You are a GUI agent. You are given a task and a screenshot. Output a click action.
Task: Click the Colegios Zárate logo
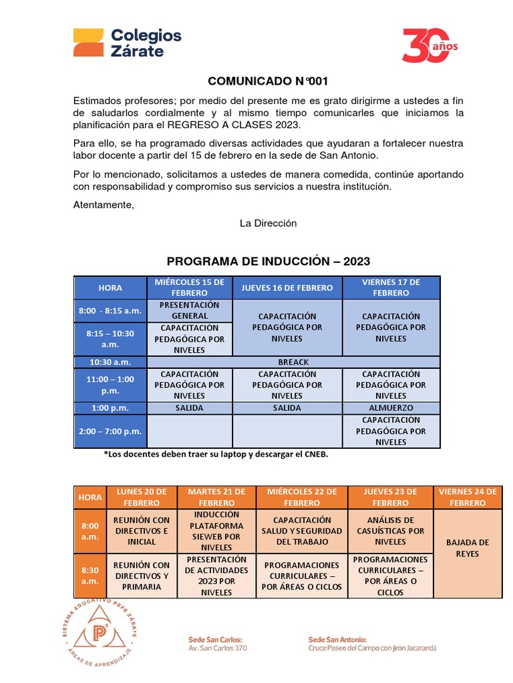[x=127, y=43]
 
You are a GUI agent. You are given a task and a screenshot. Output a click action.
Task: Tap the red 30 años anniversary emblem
[x=430, y=45]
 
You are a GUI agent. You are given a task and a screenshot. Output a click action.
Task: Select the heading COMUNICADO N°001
[x=268, y=81]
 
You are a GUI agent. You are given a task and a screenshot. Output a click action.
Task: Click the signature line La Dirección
[x=268, y=223]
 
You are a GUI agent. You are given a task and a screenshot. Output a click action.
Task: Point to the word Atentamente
[x=104, y=205]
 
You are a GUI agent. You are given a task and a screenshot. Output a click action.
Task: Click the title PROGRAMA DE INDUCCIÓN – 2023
[x=268, y=261]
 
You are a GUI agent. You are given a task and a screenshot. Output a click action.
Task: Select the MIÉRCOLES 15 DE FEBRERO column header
[x=190, y=287]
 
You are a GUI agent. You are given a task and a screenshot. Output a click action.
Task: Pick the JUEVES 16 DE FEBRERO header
[x=287, y=287]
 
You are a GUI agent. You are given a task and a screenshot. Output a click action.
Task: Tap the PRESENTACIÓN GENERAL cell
[x=190, y=310]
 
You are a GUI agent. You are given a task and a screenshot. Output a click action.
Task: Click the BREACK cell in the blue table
[x=293, y=362]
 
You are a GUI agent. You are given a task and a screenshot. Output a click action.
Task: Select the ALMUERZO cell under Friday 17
[x=391, y=408]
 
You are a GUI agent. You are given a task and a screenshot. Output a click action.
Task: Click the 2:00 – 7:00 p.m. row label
[x=110, y=431]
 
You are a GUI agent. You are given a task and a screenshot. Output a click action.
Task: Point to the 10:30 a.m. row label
[x=110, y=362]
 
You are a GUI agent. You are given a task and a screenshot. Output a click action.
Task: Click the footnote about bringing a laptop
[x=216, y=455]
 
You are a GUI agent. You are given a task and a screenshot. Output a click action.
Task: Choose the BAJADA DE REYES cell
[x=468, y=548]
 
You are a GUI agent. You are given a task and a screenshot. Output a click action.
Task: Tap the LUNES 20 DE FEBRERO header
[x=142, y=497]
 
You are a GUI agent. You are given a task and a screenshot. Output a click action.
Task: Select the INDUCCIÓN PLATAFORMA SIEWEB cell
[x=216, y=531]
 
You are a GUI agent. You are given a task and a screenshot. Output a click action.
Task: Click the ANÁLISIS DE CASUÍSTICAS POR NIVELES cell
[x=391, y=531]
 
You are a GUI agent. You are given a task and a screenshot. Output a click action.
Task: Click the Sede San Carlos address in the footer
[x=217, y=643]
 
